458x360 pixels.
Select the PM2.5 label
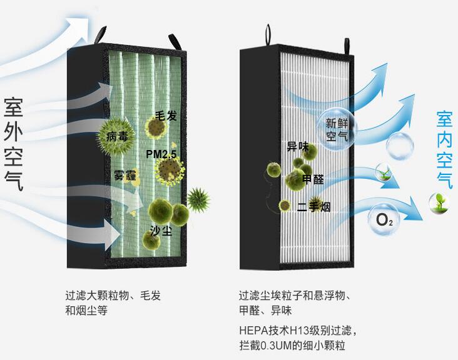162,154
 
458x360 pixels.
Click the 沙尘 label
160,230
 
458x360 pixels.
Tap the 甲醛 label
313,179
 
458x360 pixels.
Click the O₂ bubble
384,219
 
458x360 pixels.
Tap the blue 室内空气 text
444,150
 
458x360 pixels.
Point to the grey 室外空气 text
13,144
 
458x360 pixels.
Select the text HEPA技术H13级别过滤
297,329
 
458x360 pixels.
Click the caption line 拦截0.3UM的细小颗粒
292,346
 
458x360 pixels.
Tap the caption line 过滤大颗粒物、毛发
113,296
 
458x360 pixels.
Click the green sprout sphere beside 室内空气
438,202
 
